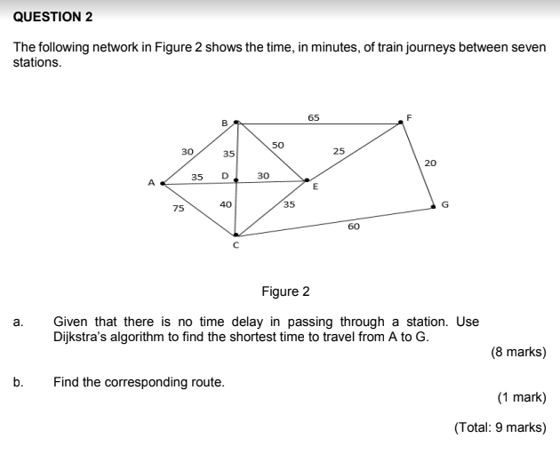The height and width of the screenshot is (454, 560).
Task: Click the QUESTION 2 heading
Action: [53, 16]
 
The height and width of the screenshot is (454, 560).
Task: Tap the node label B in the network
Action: [224, 122]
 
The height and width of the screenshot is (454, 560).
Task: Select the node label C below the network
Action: [236, 246]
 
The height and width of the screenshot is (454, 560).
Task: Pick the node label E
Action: [314, 187]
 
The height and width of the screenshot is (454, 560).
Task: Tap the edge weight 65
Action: [314, 116]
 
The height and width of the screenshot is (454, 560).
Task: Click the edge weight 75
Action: [179, 209]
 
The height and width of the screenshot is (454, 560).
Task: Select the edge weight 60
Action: [354, 227]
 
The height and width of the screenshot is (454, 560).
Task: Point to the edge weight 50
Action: [277, 144]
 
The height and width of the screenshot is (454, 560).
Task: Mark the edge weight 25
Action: [339, 152]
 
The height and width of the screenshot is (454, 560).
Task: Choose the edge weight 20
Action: [430, 163]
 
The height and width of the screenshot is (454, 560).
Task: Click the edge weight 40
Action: [225, 204]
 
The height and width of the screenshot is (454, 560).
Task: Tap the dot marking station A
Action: [161, 183]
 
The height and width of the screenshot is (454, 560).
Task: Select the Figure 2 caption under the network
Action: [284, 291]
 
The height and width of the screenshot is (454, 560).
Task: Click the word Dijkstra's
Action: [84, 336]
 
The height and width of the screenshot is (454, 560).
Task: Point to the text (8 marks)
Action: [517, 352]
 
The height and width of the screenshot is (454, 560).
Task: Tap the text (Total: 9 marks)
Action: [500, 427]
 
